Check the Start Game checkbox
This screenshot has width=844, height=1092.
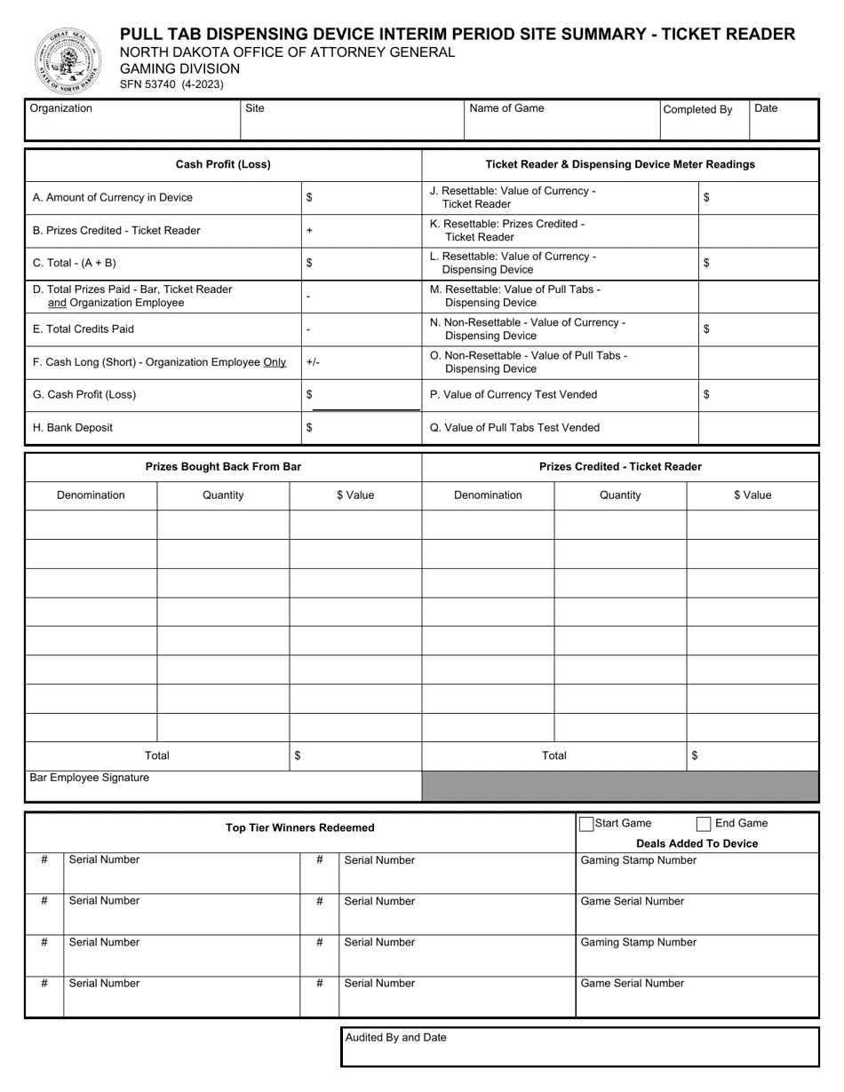pyautogui.click(x=586, y=824)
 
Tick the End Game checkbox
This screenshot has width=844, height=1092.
pyautogui.click(x=704, y=824)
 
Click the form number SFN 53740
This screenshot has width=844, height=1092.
pyautogui.click(x=172, y=85)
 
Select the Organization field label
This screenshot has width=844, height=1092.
pyautogui.click(x=61, y=108)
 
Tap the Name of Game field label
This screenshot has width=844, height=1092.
pyautogui.click(x=506, y=108)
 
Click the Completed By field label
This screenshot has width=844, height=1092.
pyautogui.click(x=697, y=109)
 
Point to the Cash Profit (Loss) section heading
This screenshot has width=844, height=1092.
pyautogui.click(x=223, y=164)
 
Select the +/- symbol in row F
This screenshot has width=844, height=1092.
pyautogui.click(x=312, y=362)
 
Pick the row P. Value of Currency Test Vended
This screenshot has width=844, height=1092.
pyautogui.click(x=514, y=394)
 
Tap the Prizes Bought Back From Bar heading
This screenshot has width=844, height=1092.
pyautogui.click(x=223, y=466)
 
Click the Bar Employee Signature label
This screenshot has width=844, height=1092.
pyautogui.click(x=90, y=778)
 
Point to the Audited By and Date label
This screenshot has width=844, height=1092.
pyautogui.click(x=396, y=1037)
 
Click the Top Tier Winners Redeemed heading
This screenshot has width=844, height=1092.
pyautogui.click(x=300, y=827)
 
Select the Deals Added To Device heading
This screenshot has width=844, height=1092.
pyautogui.click(x=697, y=843)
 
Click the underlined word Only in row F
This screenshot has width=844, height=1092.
pyautogui.click(x=275, y=362)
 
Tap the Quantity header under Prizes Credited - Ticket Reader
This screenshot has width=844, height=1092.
pyautogui.click(x=620, y=495)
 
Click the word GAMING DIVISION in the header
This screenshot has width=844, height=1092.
pyautogui.click(x=180, y=68)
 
